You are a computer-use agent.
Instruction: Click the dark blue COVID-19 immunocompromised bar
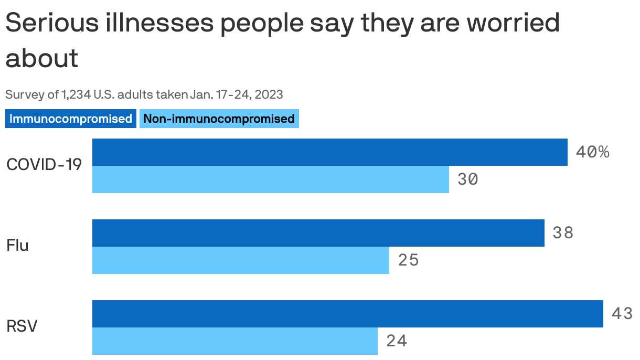[329, 152]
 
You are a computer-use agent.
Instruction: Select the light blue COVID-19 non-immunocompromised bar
[270, 179]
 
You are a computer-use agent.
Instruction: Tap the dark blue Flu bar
[318, 233]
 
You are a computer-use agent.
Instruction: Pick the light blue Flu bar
[240, 260]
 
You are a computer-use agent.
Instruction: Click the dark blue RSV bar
[347, 314]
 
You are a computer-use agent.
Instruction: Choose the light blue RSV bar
[234, 341]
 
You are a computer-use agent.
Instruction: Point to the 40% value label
[592, 152]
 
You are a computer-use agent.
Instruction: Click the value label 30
[467, 179]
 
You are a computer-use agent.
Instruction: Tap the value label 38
[563, 233]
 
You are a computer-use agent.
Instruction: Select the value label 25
[408, 260]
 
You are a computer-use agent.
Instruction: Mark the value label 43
[622, 314]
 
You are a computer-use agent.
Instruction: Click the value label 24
[397, 341]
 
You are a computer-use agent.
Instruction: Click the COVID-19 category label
[44, 165]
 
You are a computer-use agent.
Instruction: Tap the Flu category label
[17, 246]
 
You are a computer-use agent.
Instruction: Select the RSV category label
[22, 326]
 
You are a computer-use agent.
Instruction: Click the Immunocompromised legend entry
[71, 119]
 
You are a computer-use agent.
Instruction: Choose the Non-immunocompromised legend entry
[219, 119]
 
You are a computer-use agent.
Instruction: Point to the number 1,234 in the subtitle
[76, 95]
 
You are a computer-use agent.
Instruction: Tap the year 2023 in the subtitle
[270, 95]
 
